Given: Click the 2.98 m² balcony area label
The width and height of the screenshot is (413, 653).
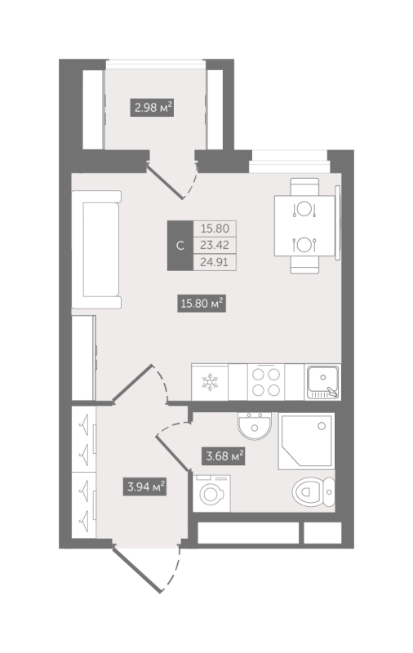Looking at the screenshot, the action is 152,108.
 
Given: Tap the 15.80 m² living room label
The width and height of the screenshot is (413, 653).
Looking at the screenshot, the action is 202,303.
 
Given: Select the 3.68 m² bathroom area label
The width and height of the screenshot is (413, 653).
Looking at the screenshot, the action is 223,455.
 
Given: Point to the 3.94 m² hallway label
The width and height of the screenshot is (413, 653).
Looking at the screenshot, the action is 144,486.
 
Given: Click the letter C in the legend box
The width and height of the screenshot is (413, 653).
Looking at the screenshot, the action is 180,246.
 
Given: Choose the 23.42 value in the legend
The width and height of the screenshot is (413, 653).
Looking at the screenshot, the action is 215,245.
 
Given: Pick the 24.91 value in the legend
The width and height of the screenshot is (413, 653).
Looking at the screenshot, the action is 215,262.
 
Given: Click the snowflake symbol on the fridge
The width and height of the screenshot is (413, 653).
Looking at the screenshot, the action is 210,382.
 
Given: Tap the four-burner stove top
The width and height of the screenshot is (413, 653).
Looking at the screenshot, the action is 266,382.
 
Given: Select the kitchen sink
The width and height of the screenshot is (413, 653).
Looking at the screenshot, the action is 323,382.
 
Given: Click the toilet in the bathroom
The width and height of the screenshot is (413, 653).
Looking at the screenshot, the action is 313,492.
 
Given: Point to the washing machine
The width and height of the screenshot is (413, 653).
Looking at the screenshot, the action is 211,494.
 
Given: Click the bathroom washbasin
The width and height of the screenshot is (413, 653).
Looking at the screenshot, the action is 255,425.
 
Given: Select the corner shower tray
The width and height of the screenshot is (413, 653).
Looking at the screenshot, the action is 306,441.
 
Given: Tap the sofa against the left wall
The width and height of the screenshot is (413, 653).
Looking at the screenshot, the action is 96,250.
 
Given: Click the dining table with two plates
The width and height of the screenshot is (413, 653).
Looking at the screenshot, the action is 304,226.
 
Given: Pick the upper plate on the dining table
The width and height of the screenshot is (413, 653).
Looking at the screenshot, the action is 304,209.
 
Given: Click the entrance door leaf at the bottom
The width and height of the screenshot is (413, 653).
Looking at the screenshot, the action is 137,570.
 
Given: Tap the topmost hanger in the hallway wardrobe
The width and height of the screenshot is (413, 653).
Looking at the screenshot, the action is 85,424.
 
